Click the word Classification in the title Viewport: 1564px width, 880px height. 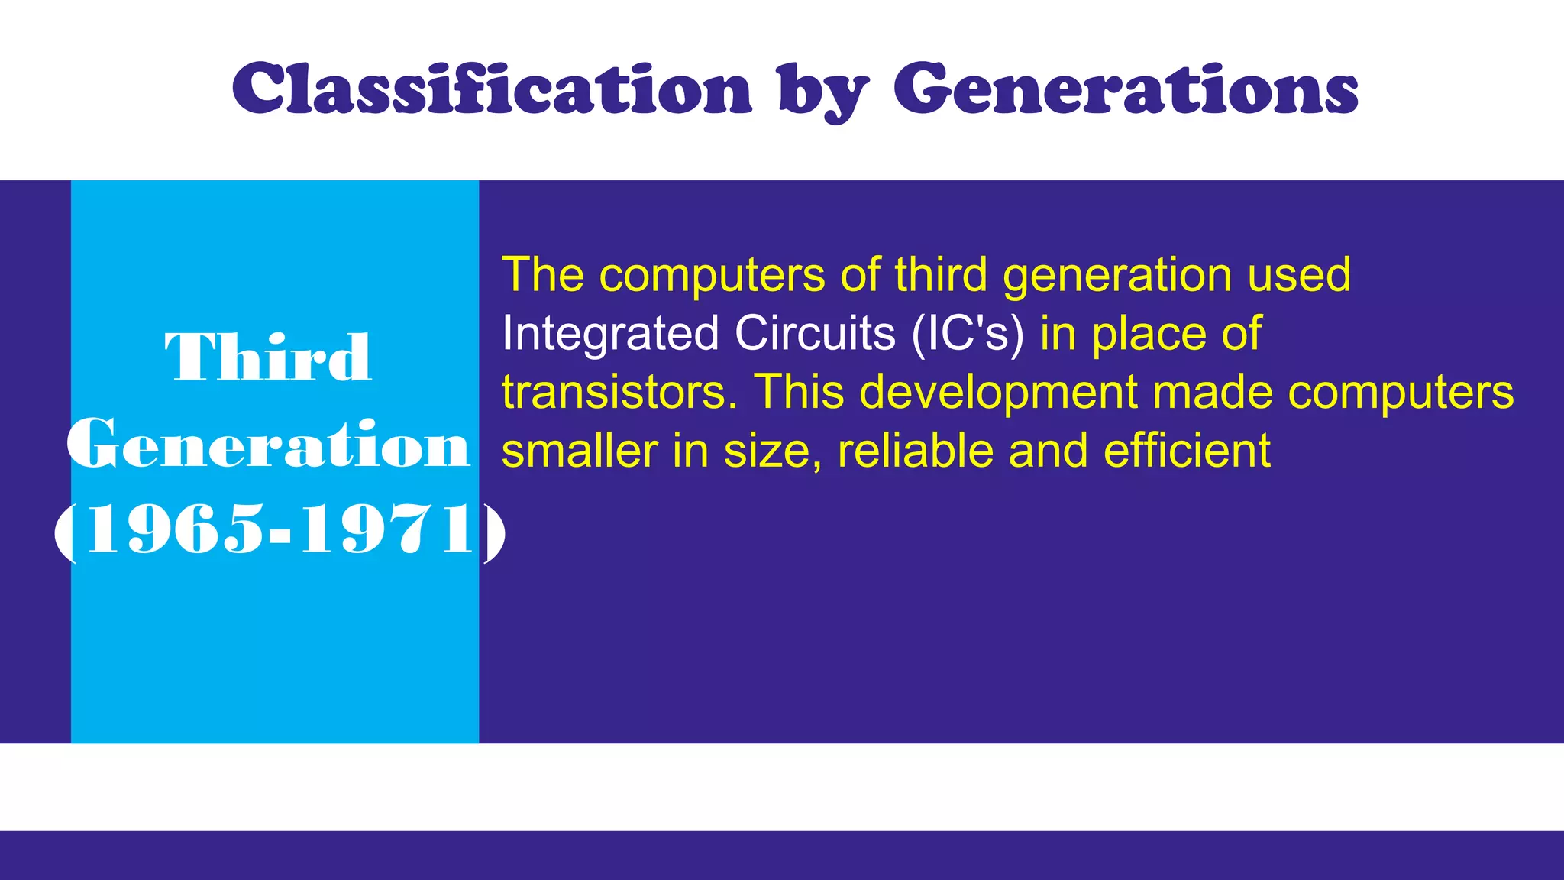493,89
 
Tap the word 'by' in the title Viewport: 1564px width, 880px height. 823,92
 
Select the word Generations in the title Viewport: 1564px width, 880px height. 1126,89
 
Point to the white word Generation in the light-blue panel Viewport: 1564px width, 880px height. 268,445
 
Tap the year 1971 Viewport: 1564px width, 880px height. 388,530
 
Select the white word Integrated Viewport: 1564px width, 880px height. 610,334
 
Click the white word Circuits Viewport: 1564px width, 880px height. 815,334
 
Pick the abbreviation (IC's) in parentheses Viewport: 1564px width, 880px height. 968,334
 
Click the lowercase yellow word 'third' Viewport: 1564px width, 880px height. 941,275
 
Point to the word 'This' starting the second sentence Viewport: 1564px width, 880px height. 799,392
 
